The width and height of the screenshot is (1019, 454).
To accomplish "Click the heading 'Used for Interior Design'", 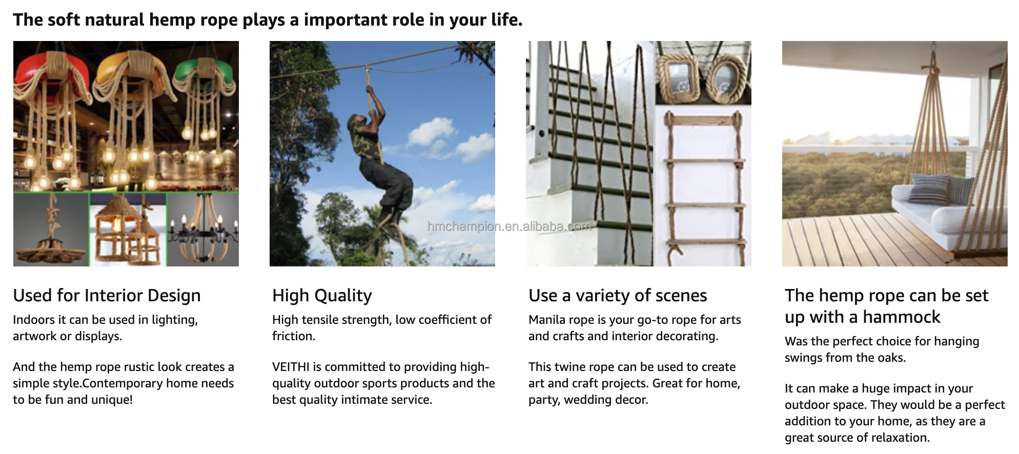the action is point(107,296).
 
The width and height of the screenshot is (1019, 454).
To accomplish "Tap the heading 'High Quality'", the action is point(322,296).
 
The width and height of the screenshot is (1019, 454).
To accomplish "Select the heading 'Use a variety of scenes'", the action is point(618,296).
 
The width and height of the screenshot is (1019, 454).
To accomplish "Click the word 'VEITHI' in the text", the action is point(291,367).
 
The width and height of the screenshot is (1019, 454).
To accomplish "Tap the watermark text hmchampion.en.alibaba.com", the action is point(509,226).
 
